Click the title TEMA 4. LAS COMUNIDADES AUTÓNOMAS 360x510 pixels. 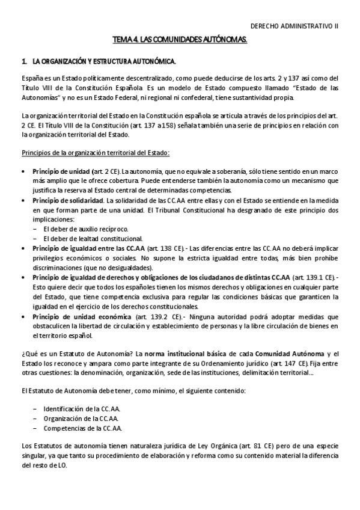click(x=180, y=39)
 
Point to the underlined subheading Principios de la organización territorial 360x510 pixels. click(x=96, y=152)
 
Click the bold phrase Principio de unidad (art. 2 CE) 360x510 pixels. click(x=67, y=171)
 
